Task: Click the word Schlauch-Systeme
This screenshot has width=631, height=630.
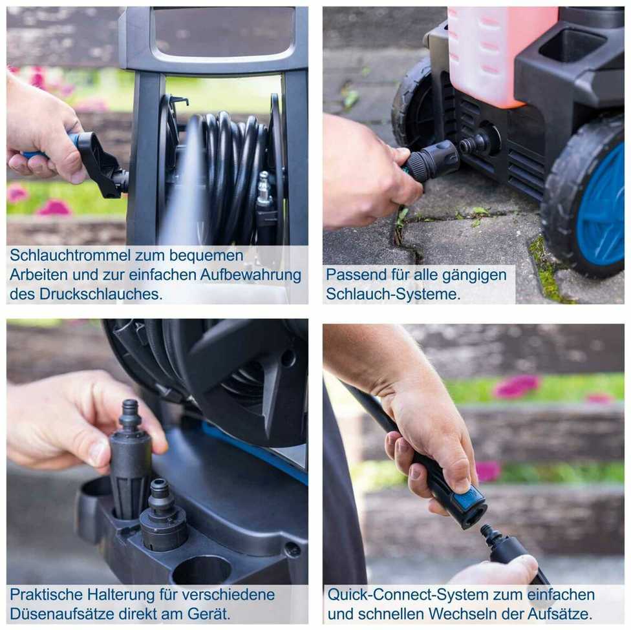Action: tap(393, 294)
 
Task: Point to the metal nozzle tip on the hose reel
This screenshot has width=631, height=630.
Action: tap(264, 187)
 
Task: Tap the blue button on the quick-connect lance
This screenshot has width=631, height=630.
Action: tap(469, 497)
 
